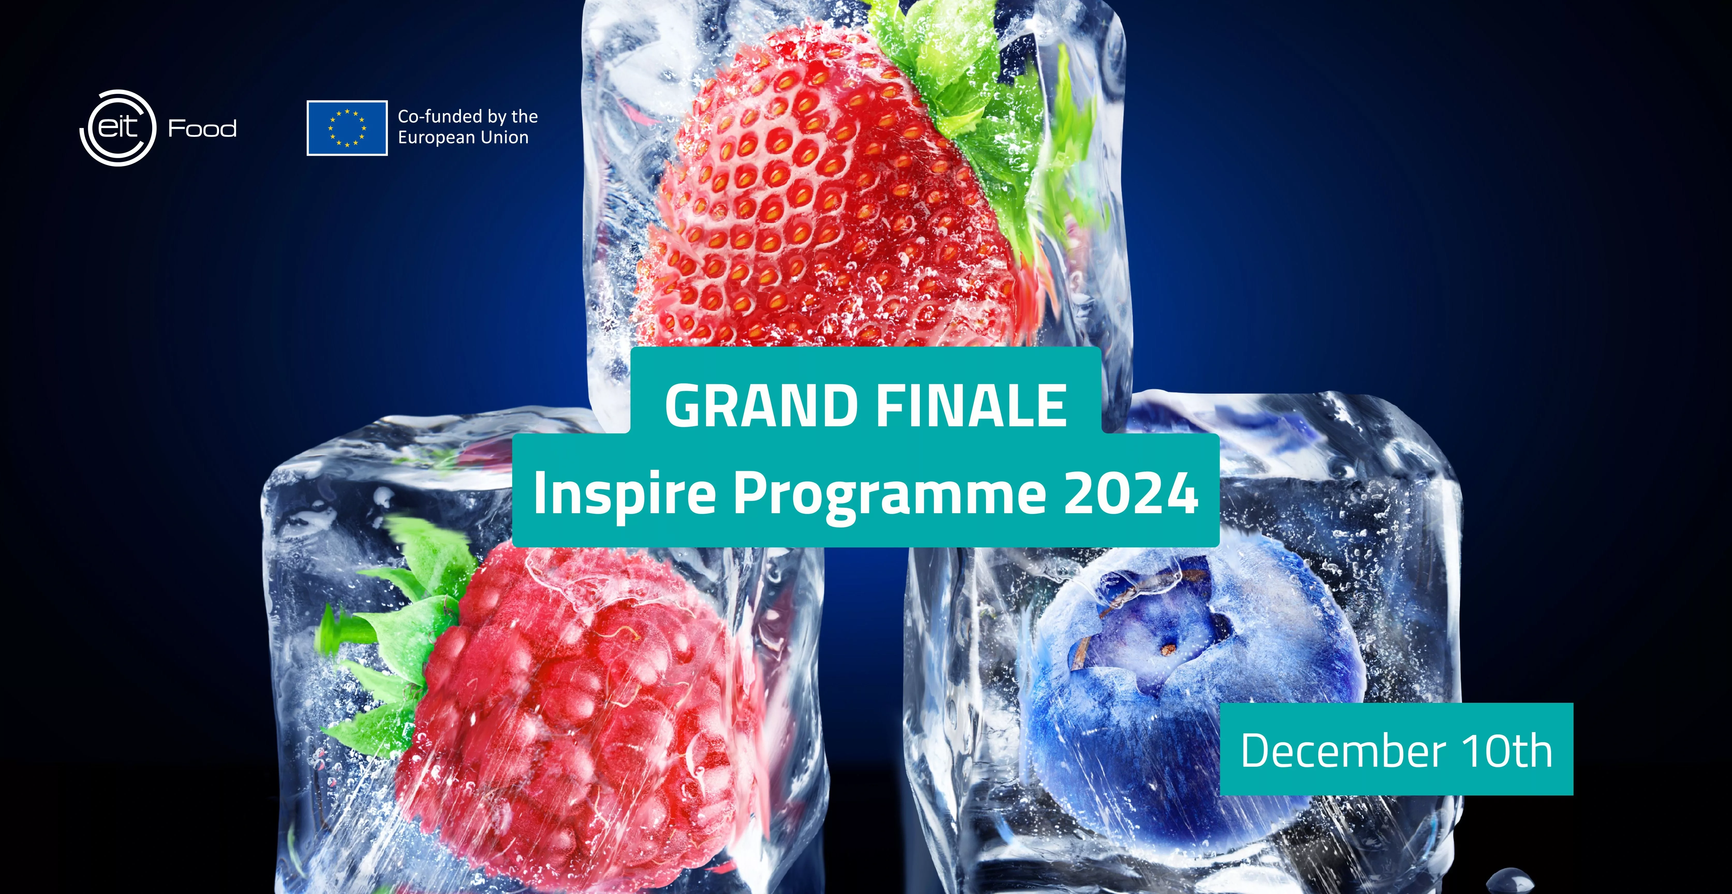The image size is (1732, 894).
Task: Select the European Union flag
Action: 347,128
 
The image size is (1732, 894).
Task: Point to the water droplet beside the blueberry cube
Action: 1509,881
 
